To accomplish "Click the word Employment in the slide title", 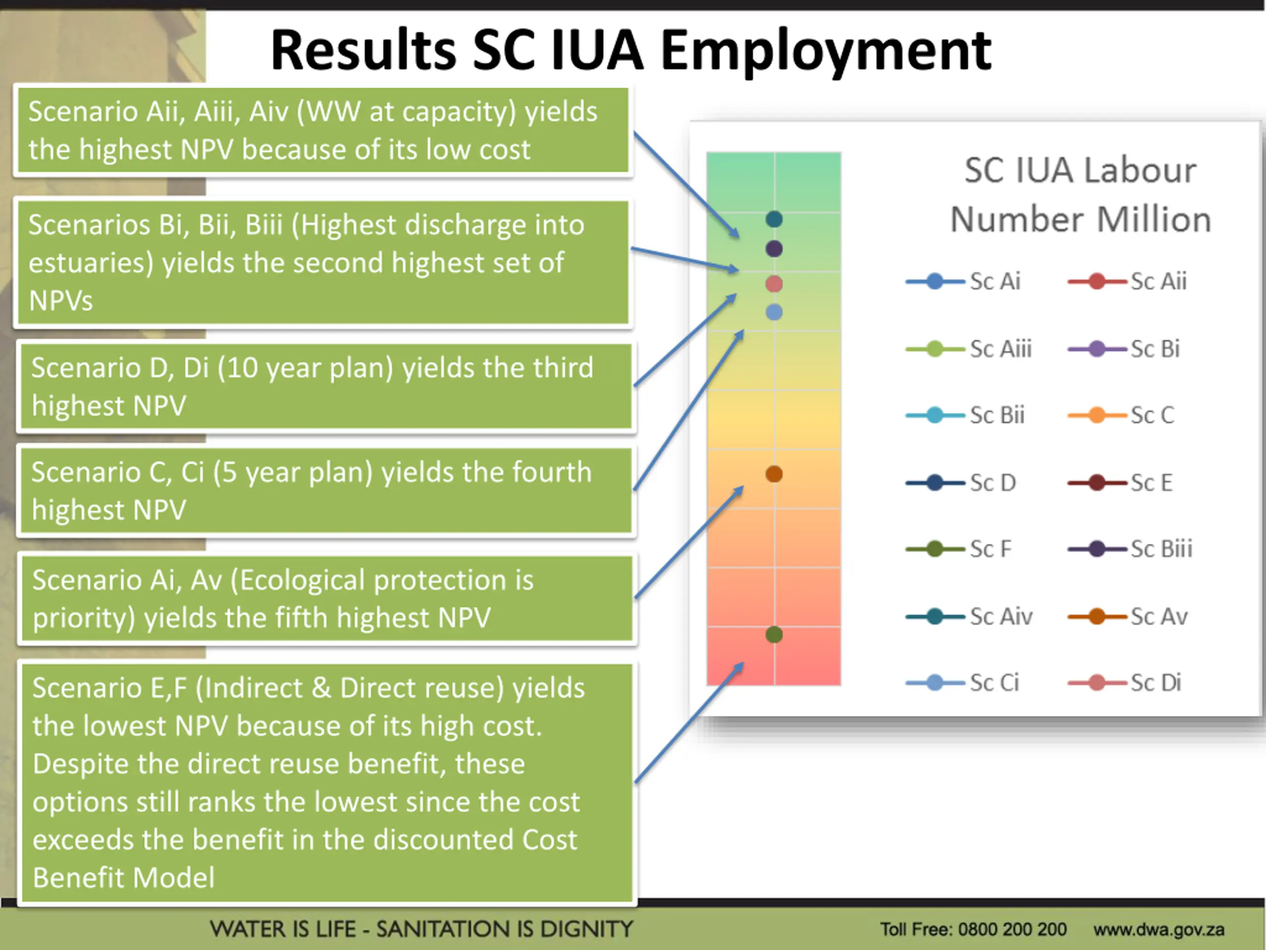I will click(826, 51).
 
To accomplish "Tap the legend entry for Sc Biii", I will click(1131, 549).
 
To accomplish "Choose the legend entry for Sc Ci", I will click(964, 683).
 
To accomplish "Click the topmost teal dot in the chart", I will click(774, 219).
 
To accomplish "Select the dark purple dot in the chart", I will click(774, 248).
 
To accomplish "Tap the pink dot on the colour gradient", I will click(774, 284).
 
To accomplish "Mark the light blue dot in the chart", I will click(774, 312).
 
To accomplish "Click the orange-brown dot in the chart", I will click(774, 474).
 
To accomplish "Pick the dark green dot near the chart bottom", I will click(774, 634).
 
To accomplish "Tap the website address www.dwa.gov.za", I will click(1158, 929).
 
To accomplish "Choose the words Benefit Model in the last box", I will click(124, 877).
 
